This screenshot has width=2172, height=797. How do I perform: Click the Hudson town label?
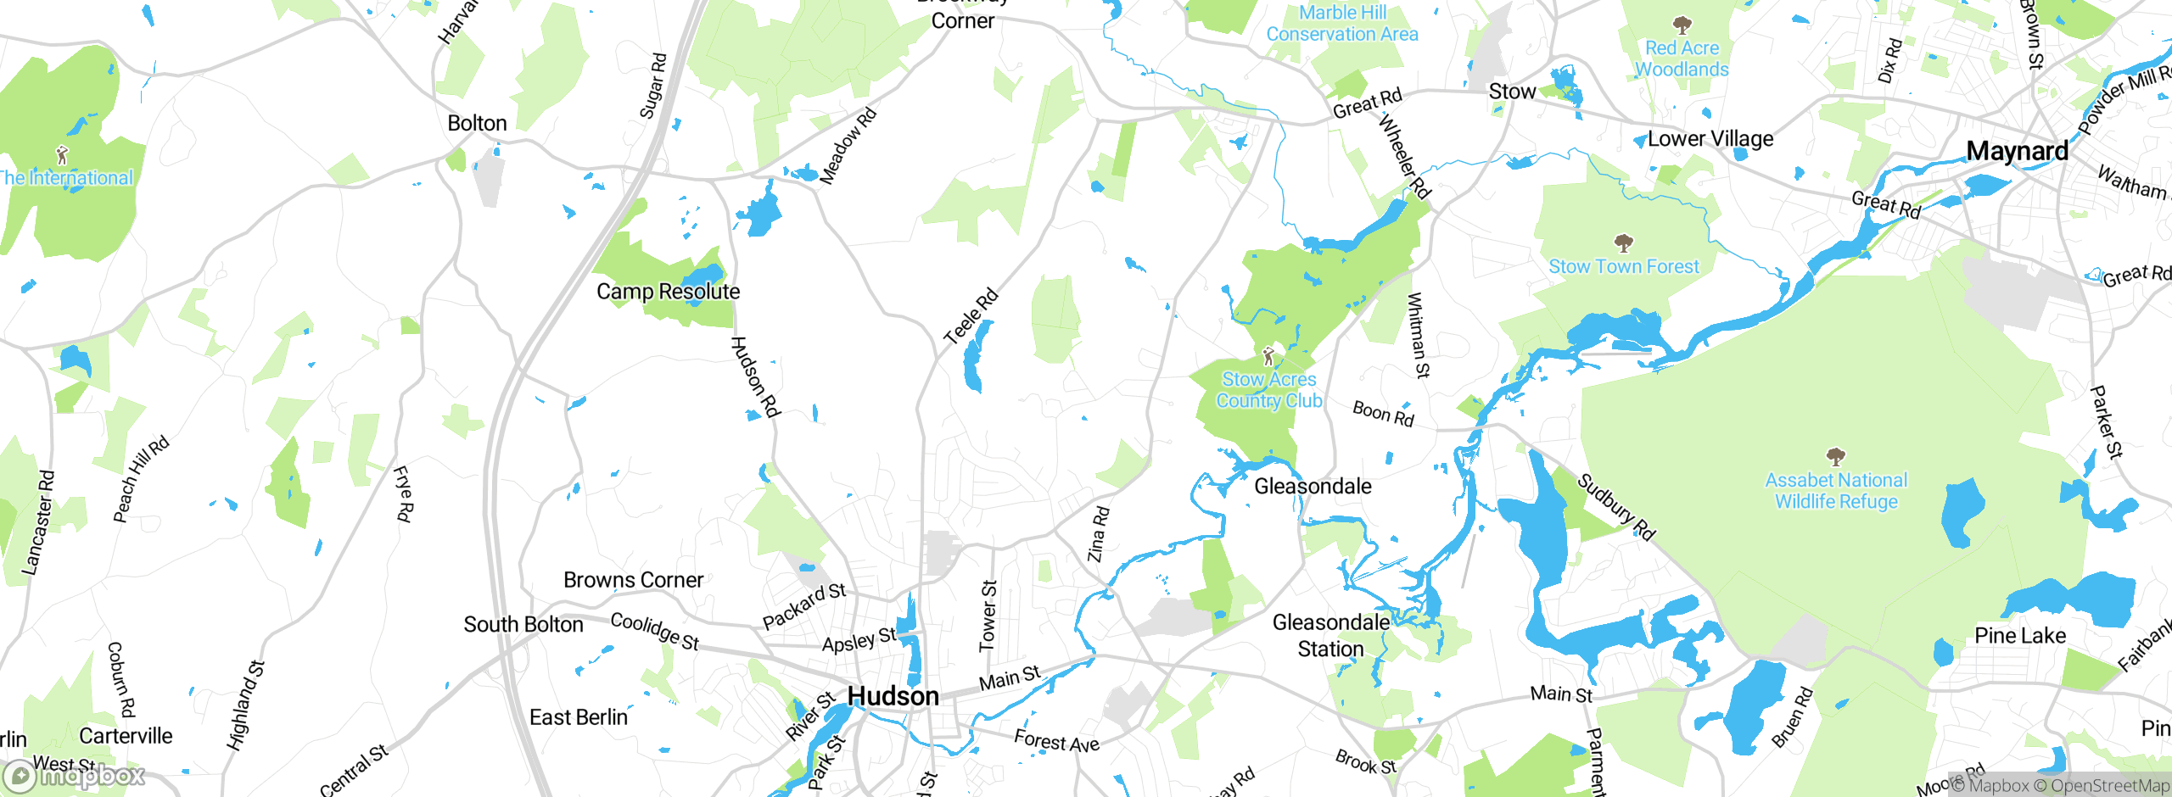pos(893,696)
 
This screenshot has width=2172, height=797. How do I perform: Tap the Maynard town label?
pos(2017,151)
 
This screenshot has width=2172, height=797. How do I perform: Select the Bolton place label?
pos(477,123)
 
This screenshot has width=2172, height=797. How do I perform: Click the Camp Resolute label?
pos(668,292)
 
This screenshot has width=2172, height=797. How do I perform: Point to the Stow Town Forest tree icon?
pos(1624,244)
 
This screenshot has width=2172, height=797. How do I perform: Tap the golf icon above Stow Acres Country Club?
pos(1268,355)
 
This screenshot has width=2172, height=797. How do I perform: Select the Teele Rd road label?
pos(971,316)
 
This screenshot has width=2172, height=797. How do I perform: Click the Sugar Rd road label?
pos(653,86)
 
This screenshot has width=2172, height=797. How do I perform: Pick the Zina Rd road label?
pos(1098,534)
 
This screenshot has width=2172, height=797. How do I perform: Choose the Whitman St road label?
pos(1419,335)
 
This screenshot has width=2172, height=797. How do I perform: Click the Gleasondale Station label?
pos(1330,636)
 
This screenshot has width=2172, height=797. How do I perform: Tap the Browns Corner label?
pos(633,580)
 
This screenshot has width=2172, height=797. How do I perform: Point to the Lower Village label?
pos(1710,138)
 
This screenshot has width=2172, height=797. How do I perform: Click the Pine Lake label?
pos(2019,636)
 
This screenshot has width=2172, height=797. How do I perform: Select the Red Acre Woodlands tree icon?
pos(1682,25)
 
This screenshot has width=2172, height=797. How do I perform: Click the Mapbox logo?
pos(75,776)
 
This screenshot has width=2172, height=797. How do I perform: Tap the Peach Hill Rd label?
pos(141,479)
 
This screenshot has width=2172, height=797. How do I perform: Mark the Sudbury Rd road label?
pos(1615,507)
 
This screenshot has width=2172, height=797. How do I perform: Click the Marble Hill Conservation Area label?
pos(1342,24)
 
